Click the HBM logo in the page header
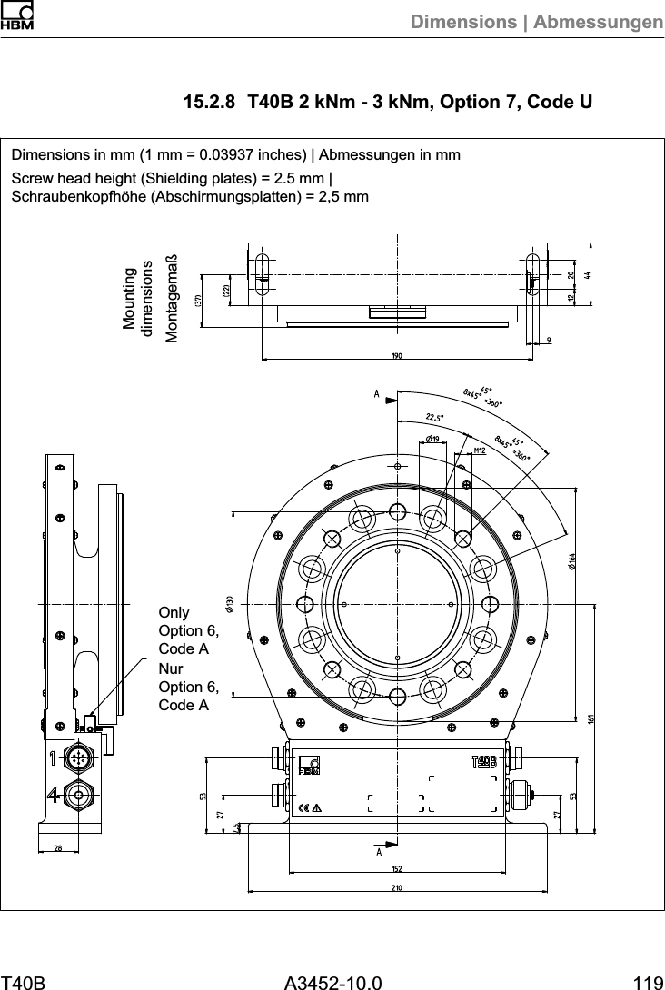[16, 16]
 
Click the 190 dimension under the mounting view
[397, 354]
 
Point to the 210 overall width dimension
[397, 886]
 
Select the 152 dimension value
[397, 869]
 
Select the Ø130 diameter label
[230, 604]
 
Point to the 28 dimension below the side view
[59, 846]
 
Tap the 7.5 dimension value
[234, 827]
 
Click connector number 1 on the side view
[55, 757]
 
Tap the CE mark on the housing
[304, 807]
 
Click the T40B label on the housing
[483, 760]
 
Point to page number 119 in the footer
[648, 981]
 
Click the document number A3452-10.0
[332, 981]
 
